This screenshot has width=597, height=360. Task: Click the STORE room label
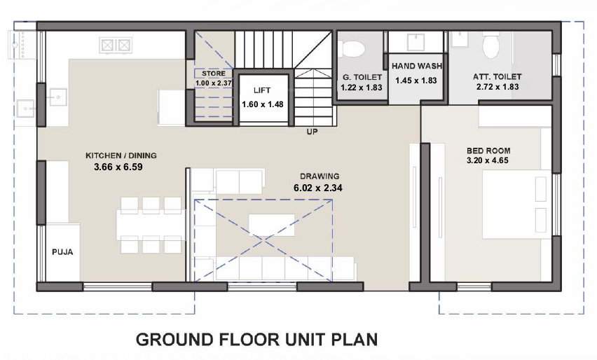pos(213,73)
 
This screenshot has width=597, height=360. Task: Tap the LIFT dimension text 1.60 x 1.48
pos(256,104)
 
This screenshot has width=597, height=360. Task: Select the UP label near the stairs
pos(313,131)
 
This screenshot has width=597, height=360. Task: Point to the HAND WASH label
pos(416,67)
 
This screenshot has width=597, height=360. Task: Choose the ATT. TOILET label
pos(497,77)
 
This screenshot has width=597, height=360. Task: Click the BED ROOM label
pos(488,151)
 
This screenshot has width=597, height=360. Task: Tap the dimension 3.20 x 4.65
pos(489,161)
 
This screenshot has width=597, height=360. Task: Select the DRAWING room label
pos(320,176)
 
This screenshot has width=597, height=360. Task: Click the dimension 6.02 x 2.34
pos(320,188)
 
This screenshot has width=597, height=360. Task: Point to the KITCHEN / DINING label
pos(121,155)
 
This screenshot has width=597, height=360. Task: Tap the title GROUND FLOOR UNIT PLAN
pos(256,340)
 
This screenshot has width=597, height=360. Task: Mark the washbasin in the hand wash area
pos(416,40)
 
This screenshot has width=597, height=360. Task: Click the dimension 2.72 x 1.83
pos(497,88)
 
